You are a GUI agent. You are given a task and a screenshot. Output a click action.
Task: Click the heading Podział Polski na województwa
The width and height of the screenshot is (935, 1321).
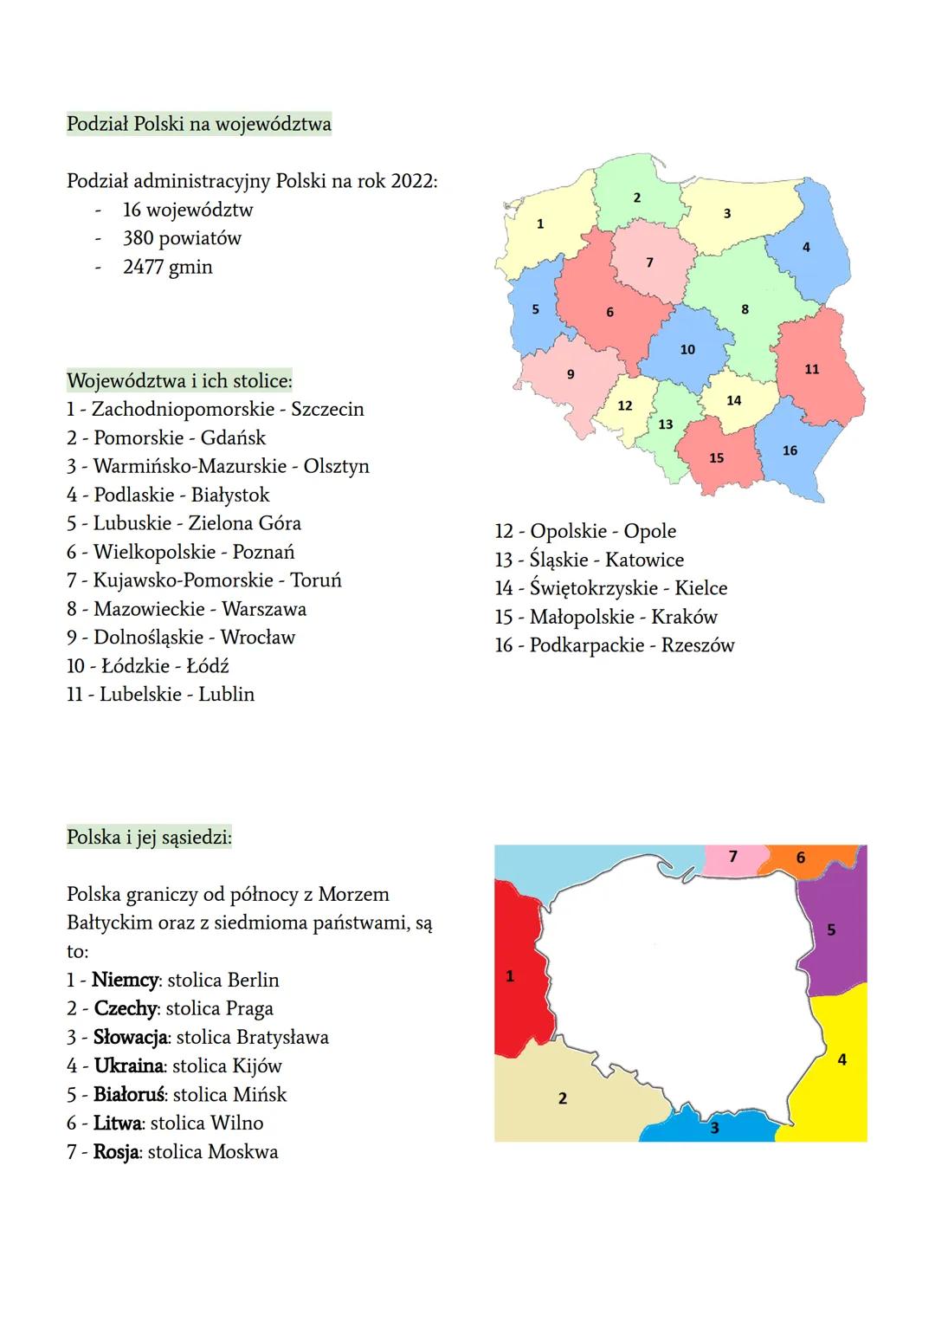point(198,124)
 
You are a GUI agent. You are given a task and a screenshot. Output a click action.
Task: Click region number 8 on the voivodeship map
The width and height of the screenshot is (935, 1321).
point(745,309)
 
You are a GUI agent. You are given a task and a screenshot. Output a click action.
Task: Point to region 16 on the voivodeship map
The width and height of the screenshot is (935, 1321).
point(790,450)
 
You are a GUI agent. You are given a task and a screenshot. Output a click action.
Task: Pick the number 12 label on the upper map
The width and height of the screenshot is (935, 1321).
point(625,405)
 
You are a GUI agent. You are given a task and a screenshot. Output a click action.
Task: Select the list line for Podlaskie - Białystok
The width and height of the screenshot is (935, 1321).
point(168,495)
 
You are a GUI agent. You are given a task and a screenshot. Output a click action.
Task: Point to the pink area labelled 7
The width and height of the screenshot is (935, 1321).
point(733,858)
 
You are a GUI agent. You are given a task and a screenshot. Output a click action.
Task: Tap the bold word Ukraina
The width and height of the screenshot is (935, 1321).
point(129,1065)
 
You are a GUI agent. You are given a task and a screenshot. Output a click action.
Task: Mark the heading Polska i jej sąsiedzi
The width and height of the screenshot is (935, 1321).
point(149,838)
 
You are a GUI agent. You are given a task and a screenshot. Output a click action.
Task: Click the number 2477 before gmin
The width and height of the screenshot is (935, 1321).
point(143,267)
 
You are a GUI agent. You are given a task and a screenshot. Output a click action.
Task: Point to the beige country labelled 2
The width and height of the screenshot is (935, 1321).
point(571,1096)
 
